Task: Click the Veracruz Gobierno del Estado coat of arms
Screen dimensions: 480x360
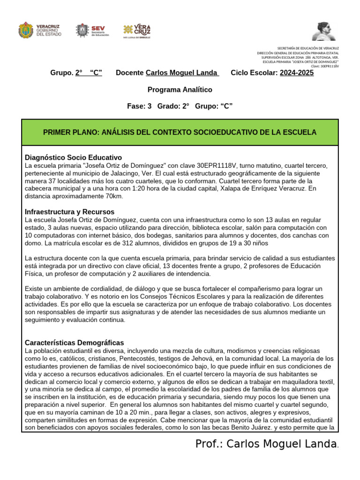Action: pyautogui.click(x=26, y=30)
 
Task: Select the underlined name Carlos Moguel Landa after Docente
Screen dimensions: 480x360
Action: pyautogui.click(x=182, y=73)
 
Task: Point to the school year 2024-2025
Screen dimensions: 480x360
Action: pyautogui.click(x=297, y=73)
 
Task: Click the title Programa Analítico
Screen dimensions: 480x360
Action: pyautogui.click(x=180, y=90)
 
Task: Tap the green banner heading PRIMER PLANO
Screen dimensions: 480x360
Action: pyautogui.click(x=180, y=132)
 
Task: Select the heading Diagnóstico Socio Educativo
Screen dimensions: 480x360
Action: pyautogui.click(x=73, y=157)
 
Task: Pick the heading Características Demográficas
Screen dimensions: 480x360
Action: pyautogui.click(x=74, y=343)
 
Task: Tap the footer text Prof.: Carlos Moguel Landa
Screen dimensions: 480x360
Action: pyautogui.click(x=266, y=444)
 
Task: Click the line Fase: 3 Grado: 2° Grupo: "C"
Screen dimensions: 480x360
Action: pyautogui.click(x=180, y=106)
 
